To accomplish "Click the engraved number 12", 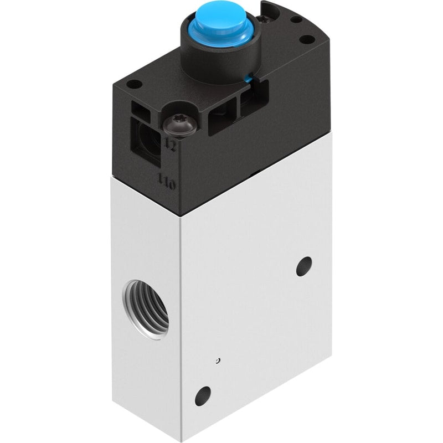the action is [x=170, y=145].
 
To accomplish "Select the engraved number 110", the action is [x=166, y=182].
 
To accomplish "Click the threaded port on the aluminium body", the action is [x=146, y=309].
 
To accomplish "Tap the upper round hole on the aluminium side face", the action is [x=304, y=266].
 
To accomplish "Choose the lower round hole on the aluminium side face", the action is [x=203, y=396].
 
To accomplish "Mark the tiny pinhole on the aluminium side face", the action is [x=217, y=360].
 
